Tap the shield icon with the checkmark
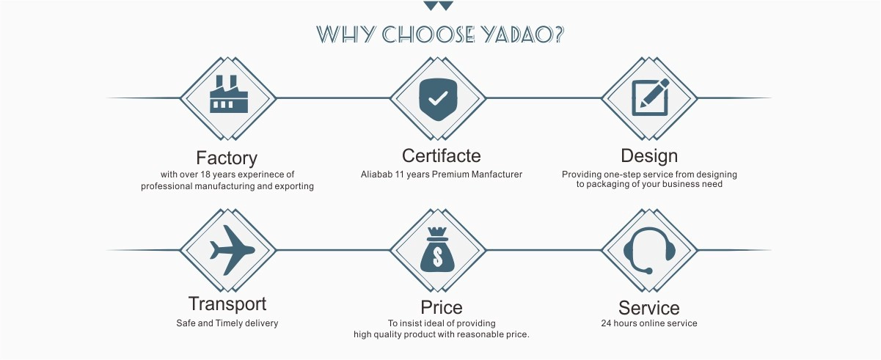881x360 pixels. pyautogui.click(x=438, y=99)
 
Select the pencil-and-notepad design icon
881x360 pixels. pyautogui.click(x=650, y=97)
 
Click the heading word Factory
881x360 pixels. pyautogui.click(x=227, y=158)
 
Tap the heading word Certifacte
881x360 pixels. pyautogui.click(x=442, y=155)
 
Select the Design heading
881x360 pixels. pyautogui.click(x=649, y=155)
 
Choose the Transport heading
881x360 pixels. pyautogui.click(x=227, y=304)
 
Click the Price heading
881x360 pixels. pyautogui.click(x=442, y=307)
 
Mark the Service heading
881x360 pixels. pyautogui.click(x=649, y=308)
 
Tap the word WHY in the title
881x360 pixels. pyautogui.click(x=346, y=34)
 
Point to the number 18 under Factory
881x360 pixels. pyautogui.click(x=205, y=174)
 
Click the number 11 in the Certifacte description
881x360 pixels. pyautogui.click(x=400, y=174)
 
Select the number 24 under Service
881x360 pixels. pyautogui.click(x=606, y=323)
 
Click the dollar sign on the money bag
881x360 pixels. pyautogui.click(x=437, y=257)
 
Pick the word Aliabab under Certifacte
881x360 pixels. pyautogui.click(x=376, y=174)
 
